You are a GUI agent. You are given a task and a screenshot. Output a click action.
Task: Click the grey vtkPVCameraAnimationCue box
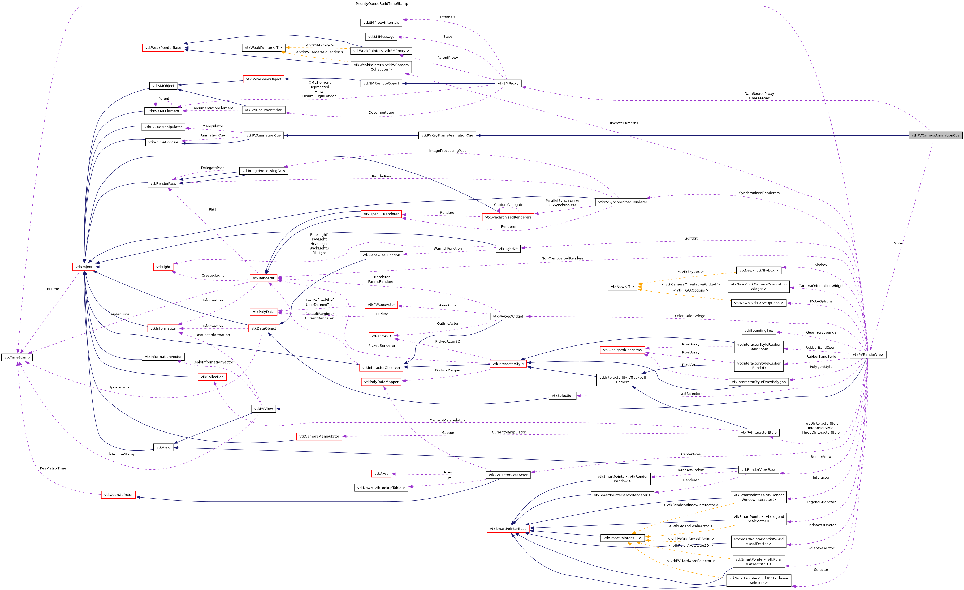[x=935, y=135]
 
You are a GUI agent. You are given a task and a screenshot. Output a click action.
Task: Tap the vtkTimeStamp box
[x=17, y=357]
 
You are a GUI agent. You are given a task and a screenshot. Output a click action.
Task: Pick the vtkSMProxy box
[x=508, y=83]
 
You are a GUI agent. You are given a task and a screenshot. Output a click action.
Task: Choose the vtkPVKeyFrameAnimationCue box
[x=447, y=135]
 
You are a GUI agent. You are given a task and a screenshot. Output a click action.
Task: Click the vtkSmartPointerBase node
[x=508, y=529]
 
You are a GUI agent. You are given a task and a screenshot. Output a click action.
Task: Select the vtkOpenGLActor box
[x=118, y=495]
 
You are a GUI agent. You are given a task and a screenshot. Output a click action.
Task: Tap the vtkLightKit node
[x=508, y=249]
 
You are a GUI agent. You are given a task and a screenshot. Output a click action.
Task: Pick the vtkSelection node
[x=562, y=396]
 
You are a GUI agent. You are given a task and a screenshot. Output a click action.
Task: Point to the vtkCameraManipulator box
[x=319, y=437]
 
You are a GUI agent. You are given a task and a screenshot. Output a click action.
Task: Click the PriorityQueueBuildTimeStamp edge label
[x=382, y=3]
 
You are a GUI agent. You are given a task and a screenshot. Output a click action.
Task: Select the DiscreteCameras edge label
[x=623, y=123]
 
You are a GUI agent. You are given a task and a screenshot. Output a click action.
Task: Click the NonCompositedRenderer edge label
[x=563, y=258]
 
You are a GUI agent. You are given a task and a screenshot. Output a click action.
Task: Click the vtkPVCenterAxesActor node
[x=508, y=475]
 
